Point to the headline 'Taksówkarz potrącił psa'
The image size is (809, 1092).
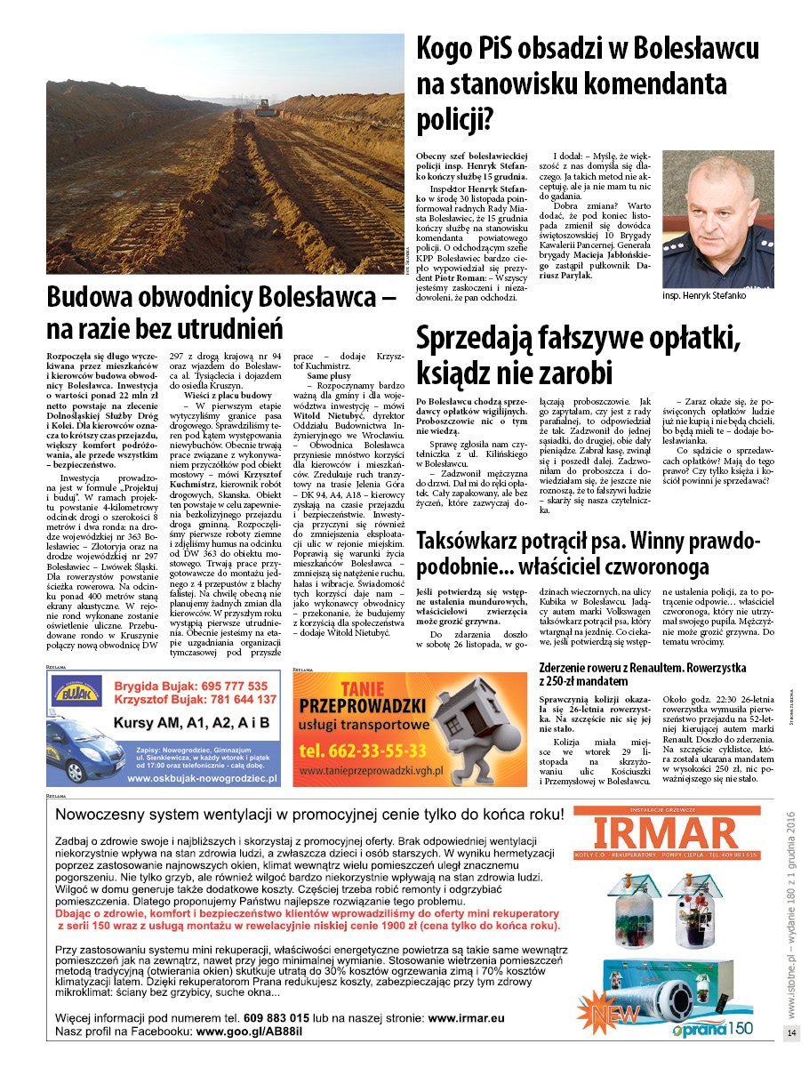pyautogui.click(x=589, y=552)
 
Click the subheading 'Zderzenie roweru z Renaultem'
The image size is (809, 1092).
pyautogui.click(x=642, y=673)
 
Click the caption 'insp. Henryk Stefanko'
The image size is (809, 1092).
pyautogui.click(x=706, y=295)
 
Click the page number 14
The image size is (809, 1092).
pyautogui.click(x=791, y=1032)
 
